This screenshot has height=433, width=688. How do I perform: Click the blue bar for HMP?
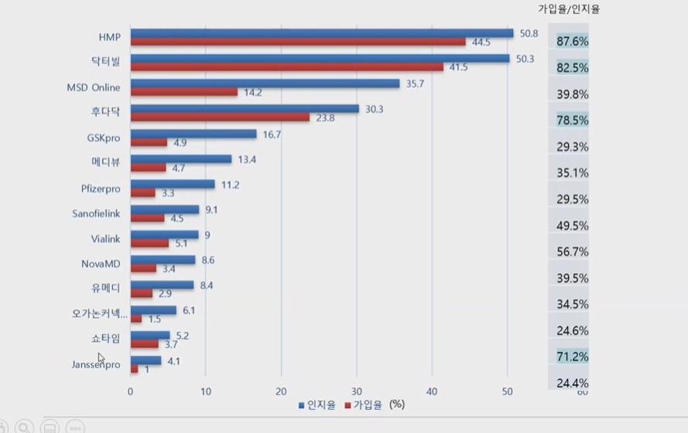point(321,33)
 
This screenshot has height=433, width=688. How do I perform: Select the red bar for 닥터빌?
point(286,67)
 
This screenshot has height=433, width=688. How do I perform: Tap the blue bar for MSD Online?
point(265,84)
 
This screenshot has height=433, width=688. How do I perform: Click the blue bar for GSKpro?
point(193,134)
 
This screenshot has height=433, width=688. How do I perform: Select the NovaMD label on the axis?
point(101,264)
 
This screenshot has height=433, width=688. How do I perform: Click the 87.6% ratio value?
point(573,41)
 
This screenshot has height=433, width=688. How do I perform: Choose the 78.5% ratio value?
point(573,120)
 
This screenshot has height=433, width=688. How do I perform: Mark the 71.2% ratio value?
point(573,356)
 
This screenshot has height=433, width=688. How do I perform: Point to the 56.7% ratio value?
point(573,251)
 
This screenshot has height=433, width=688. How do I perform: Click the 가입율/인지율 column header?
point(569,9)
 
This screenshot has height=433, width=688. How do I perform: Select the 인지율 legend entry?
point(317,404)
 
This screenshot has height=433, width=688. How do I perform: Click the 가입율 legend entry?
point(363,404)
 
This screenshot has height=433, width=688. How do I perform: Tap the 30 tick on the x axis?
point(357,391)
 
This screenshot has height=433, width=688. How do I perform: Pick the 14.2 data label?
point(253,92)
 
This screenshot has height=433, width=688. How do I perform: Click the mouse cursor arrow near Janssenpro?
point(101,357)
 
